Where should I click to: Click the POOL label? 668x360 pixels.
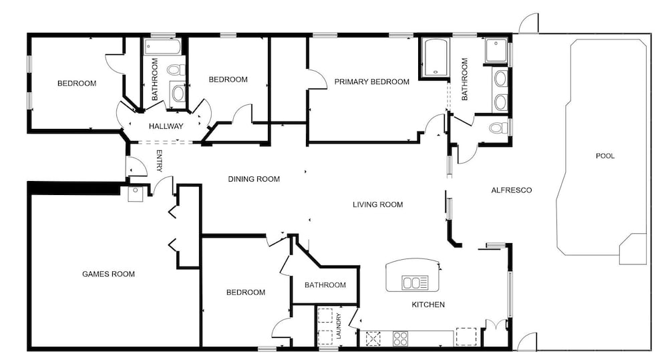click(605, 156)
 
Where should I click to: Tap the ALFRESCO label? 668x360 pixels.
click(511, 190)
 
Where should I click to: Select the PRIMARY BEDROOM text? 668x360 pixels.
click(371, 81)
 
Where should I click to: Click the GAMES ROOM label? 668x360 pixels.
click(108, 274)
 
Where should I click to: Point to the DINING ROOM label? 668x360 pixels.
click(254, 179)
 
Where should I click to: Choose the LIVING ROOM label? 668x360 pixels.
click(377, 204)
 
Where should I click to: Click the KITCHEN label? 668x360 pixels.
click(428, 305)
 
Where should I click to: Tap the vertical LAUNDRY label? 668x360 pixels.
click(339, 326)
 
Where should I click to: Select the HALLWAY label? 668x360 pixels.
click(166, 126)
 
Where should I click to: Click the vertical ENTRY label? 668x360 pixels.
click(159, 160)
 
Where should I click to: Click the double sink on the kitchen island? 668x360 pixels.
click(415, 283)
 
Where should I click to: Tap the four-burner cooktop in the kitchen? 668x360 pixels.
click(400, 339)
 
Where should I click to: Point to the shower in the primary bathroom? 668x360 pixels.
click(497, 51)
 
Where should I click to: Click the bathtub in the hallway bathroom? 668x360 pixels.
click(163, 47)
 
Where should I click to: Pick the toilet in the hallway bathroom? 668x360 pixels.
click(176, 69)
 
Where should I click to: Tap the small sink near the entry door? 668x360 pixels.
click(136, 194)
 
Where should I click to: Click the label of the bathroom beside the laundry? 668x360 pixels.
click(325, 285)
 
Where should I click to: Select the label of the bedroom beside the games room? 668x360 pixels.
click(246, 293)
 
